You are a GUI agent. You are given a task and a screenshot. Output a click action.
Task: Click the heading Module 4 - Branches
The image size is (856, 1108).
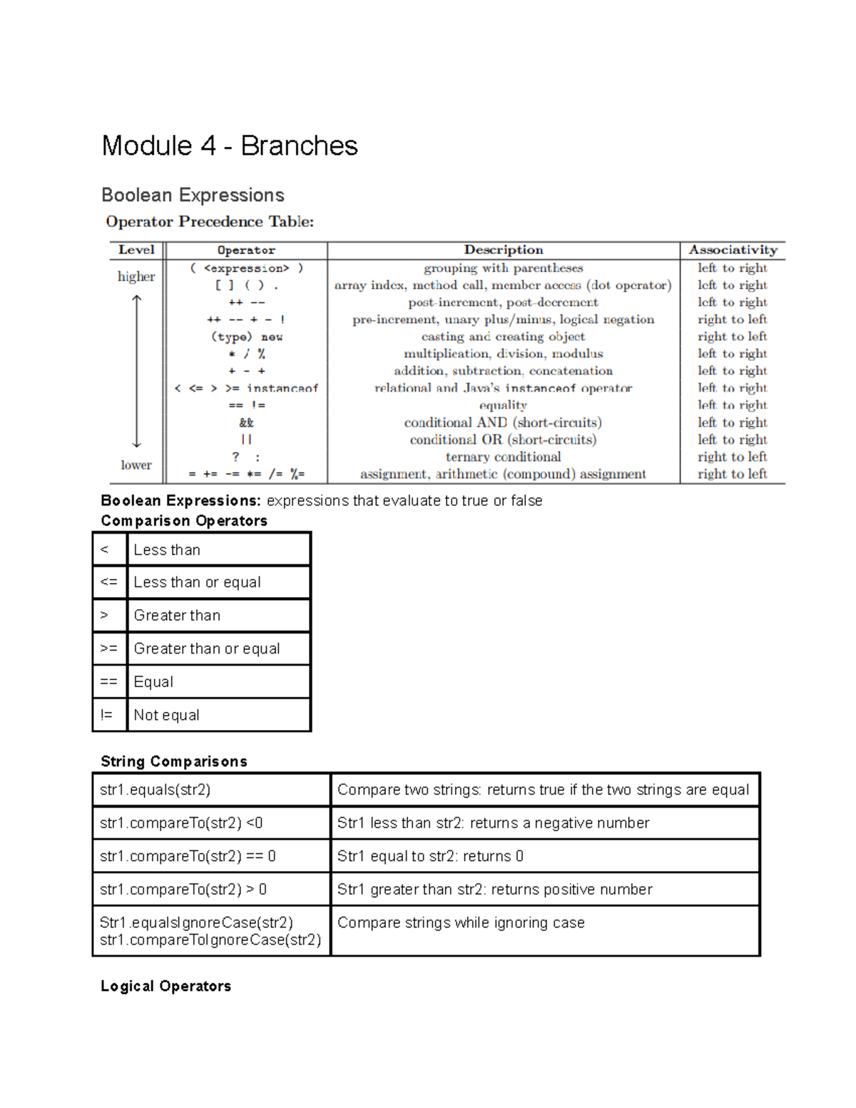point(229,146)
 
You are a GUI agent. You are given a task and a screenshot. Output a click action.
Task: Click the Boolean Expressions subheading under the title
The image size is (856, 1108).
point(193,195)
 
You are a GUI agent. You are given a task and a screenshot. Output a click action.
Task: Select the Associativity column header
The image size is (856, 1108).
point(733,250)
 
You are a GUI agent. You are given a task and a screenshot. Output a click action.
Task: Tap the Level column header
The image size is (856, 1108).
point(136,250)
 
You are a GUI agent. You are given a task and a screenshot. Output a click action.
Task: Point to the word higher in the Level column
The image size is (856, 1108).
point(136,276)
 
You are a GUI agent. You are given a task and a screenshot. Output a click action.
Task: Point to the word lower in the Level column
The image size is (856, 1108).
point(136,465)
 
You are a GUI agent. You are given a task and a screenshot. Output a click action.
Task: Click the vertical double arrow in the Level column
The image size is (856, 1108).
point(137,371)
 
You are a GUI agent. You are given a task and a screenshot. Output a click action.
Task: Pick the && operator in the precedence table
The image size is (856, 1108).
point(246,422)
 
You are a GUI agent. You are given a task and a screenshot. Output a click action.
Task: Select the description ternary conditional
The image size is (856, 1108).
point(503,457)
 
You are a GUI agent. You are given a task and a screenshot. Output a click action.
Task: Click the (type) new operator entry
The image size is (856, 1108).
point(246,337)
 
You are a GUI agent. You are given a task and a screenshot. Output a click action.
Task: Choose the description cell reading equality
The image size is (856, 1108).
point(503,405)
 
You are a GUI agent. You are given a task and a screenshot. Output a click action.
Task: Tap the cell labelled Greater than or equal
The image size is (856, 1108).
point(207,649)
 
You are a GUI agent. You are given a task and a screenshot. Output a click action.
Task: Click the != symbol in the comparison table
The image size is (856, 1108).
point(107,715)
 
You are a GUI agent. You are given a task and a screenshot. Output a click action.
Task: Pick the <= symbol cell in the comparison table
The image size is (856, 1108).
point(109,582)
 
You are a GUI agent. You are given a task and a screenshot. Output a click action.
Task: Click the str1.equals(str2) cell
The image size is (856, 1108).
point(156,790)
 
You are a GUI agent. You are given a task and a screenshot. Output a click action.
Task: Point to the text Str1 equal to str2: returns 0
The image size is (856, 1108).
point(430,856)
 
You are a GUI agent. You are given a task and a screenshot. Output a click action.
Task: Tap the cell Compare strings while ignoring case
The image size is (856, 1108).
point(461,923)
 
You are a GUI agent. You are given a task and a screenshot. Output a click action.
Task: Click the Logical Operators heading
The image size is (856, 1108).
point(166,986)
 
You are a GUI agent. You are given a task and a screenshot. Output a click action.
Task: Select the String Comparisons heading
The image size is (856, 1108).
point(174,761)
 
